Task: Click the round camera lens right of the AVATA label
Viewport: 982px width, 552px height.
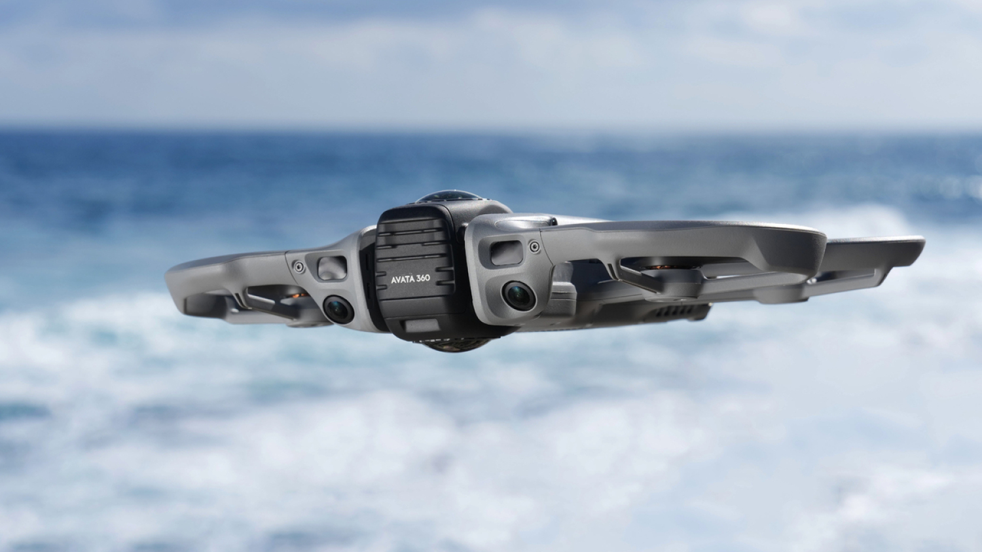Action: pyautogui.click(x=519, y=295)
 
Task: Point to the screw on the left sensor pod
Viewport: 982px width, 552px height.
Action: pyautogui.click(x=299, y=267)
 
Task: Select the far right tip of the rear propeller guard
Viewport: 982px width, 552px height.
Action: pyautogui.click(x=920, y=244)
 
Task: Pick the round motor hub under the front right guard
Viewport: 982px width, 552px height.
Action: pyautogui.click(x=681, y=282)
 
